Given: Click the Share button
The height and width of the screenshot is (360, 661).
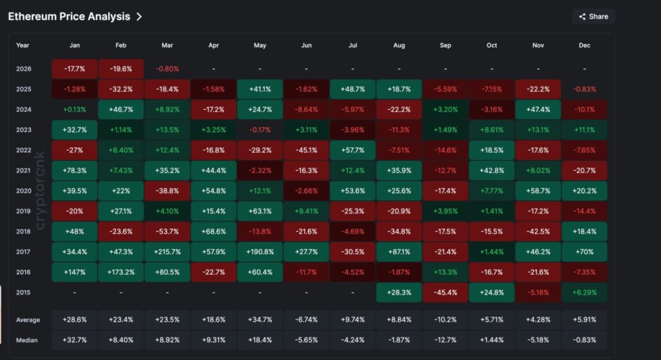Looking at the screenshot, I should click(x=593, y=17).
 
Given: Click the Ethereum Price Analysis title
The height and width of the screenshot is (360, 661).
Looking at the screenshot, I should click(x=69, y=17).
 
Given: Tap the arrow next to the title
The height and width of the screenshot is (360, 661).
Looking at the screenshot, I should click(x=139, y=17).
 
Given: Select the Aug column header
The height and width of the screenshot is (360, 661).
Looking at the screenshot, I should click(x=399, y=46).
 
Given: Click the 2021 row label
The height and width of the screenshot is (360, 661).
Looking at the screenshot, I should click(x=23, y=170).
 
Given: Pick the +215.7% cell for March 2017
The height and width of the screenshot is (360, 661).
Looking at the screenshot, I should click(x=167, y=252).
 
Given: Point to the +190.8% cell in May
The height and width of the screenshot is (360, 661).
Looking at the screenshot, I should click(x=259, y=252).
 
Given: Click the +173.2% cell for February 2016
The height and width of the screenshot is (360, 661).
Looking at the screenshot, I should click(x=120, y=272).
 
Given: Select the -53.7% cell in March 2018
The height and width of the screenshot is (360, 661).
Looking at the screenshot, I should click(x=167, y=232).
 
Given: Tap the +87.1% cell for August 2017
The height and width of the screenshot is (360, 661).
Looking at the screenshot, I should click(x=399, y=252).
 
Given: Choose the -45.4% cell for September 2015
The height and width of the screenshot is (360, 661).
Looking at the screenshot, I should click(x=445, y=293).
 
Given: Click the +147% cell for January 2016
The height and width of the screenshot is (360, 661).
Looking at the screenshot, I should click(x=74, y=272).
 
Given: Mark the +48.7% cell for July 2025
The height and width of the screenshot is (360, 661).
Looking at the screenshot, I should click(x=352, y=89).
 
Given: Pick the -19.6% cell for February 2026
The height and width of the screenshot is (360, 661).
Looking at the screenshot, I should click(x=120, y=68).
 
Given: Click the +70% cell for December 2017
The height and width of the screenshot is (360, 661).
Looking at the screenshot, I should click(x=585, y=252).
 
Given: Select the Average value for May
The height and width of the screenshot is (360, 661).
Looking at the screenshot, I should click(x=259, y=320).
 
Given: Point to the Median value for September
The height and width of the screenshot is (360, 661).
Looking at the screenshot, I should click(x=445, y=340).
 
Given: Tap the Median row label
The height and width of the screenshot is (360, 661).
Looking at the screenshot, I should click(x=27, y=340).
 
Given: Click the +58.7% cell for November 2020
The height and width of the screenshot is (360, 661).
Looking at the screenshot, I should click(x=538, y=191).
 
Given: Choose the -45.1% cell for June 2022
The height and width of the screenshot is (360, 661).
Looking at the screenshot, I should click(x=306, y=150).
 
